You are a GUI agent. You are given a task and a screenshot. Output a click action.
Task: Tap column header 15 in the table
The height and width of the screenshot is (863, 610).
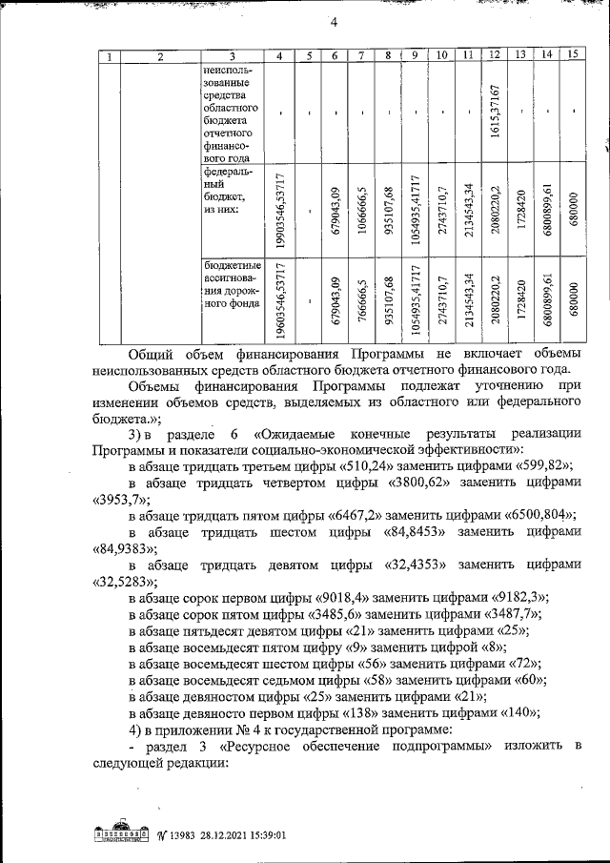click(571, 56)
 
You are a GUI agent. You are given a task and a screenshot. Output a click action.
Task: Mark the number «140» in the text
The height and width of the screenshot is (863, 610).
click(518, 713)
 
